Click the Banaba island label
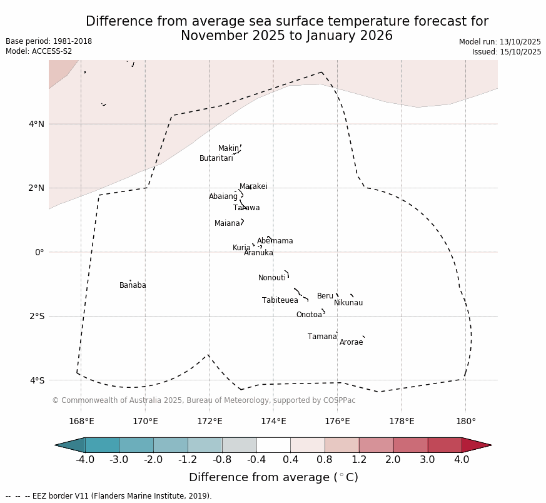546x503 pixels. click(133, 286)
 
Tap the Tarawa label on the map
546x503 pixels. click(246, 208)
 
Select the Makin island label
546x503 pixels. click(228, 149)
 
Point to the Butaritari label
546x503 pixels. click(216, 159)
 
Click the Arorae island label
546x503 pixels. click(351, 343)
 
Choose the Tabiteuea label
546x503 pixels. click(280, 301)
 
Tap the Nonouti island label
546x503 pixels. click(272, 278)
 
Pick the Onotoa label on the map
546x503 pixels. click(309, 315)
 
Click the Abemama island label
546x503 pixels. click(275, 241)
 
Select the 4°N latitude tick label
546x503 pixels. click(36, 124)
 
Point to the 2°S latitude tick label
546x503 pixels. click(36, 316)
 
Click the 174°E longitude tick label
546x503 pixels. click(273, 421)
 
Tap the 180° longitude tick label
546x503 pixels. click(466, 421)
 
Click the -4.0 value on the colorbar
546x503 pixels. click(85, 460)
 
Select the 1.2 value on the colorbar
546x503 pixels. click(359, 460)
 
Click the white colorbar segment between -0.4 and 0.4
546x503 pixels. click(273, 445)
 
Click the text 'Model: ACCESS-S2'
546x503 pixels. click(39, 51)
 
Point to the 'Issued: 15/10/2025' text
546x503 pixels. click(507, 52)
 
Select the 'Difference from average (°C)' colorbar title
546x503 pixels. click(273, 478)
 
